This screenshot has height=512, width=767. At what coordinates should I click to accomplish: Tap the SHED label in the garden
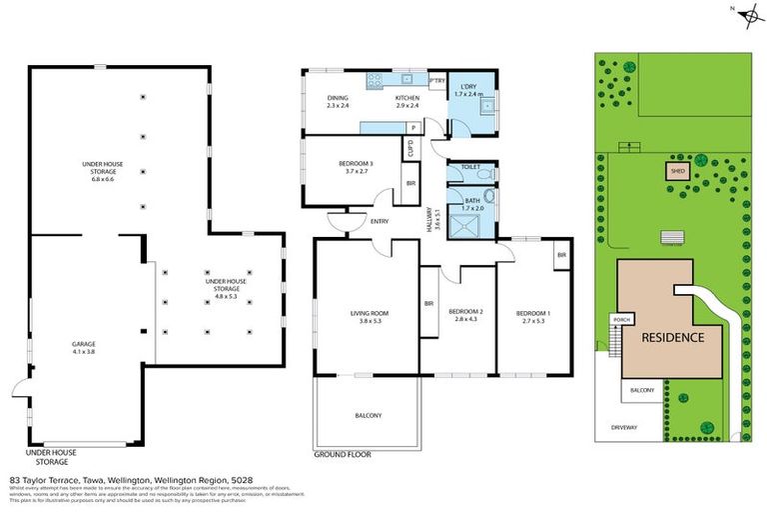677,171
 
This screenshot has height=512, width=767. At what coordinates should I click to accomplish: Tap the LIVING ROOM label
369,318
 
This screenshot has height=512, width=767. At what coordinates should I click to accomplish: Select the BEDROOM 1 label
530,318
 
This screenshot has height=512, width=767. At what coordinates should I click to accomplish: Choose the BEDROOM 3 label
356,167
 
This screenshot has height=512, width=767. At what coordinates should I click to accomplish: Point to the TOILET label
471,167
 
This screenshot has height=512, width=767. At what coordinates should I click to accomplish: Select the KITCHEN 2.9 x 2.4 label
405,101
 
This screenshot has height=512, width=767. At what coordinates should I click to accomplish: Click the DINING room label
337,101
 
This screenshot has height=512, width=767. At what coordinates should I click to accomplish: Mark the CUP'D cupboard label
409,149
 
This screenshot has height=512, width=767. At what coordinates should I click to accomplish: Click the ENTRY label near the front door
380,222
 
